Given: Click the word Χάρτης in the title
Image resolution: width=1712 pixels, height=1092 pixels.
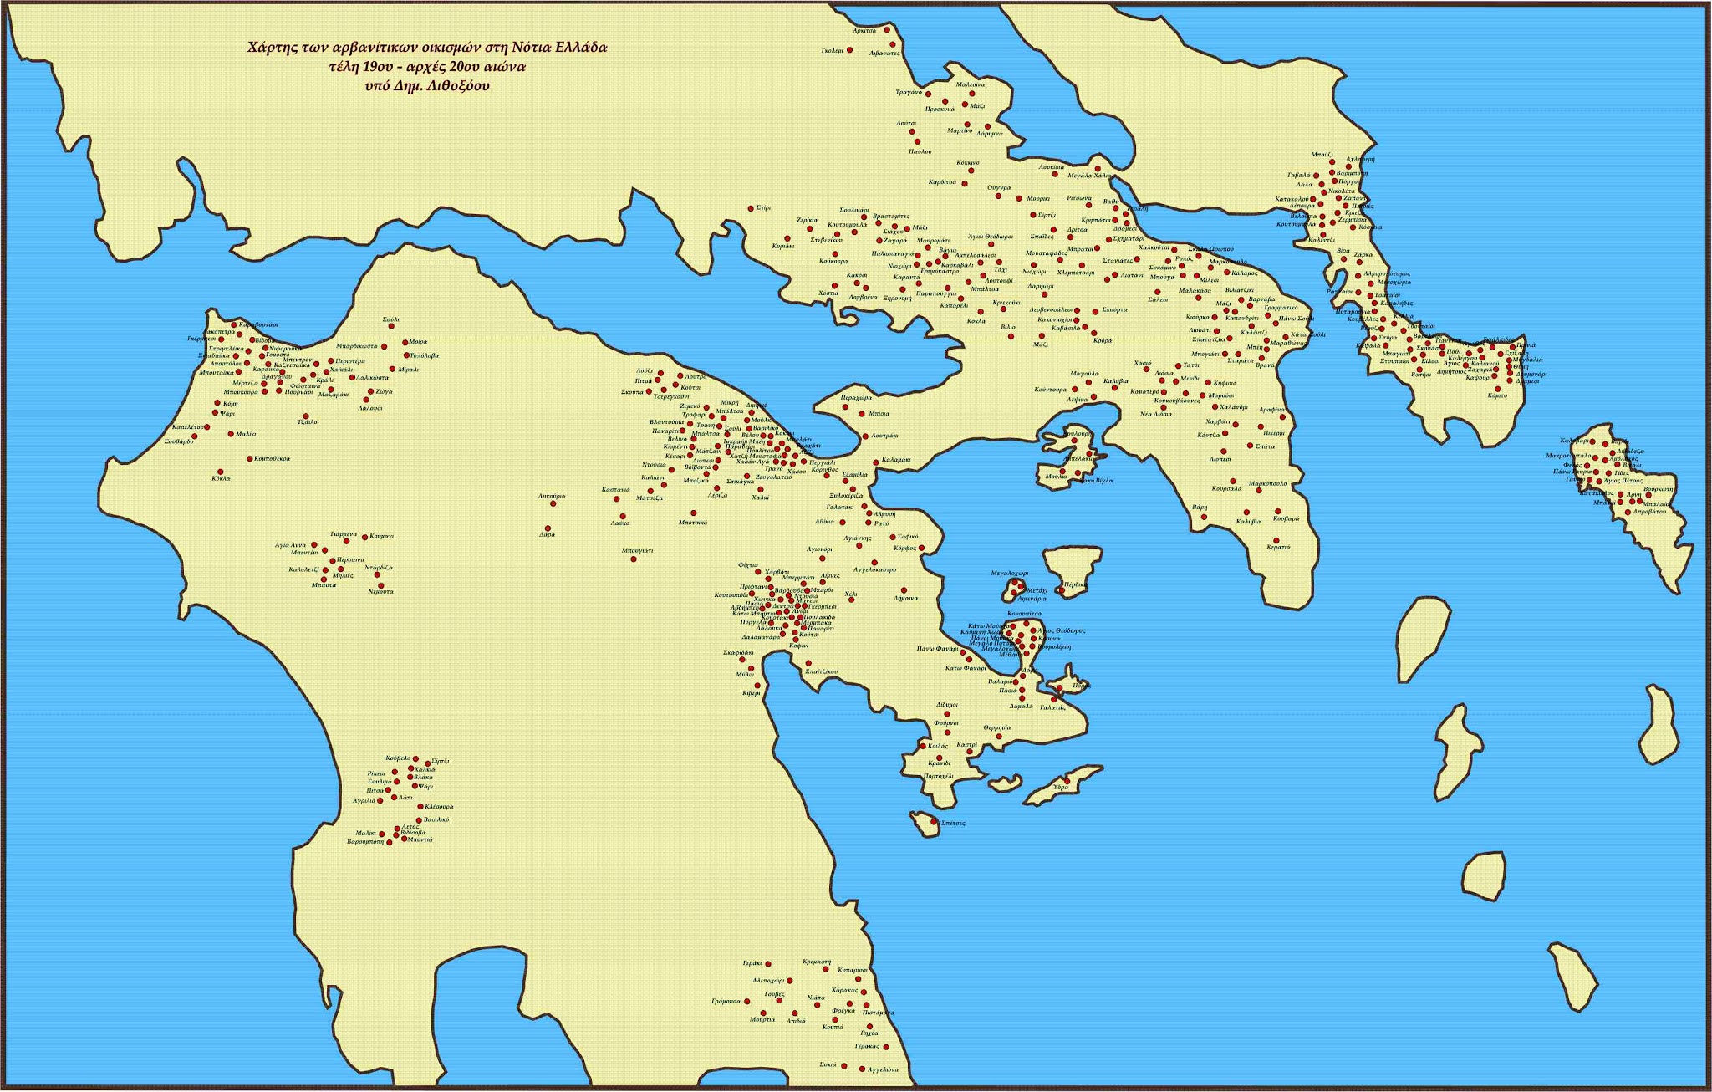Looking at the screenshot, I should (x=267, y=48).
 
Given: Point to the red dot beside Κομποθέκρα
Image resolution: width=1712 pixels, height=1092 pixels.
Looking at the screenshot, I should (x=249, y=459).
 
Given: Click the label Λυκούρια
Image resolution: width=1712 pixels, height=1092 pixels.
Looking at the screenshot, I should (x=552, y=496).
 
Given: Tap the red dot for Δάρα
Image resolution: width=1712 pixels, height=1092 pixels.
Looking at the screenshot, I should (x=548, y=528).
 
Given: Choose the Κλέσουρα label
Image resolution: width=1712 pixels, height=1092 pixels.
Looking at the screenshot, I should (x=439, y=807).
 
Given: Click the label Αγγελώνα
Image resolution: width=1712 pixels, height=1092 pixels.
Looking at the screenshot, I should (x=883, y=1069).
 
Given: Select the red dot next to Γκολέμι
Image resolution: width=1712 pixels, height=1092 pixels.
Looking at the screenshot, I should (x=849, y=50).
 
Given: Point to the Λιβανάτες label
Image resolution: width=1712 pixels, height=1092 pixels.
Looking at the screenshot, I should (x=884, y=53).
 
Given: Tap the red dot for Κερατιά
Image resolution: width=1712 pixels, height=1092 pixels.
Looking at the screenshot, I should (x=1276, y=540).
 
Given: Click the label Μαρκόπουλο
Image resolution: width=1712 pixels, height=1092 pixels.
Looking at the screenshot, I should (x=1267, y=483).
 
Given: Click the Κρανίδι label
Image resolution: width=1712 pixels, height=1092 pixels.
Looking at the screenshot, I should (x=939, y=763).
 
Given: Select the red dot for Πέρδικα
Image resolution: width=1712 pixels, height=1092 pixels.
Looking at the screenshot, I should (x=1060, y=590).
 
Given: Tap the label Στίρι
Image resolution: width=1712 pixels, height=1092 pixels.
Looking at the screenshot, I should (x=763, y=207).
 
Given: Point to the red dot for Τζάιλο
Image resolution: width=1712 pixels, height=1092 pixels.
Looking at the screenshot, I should (x=306, y=416).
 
